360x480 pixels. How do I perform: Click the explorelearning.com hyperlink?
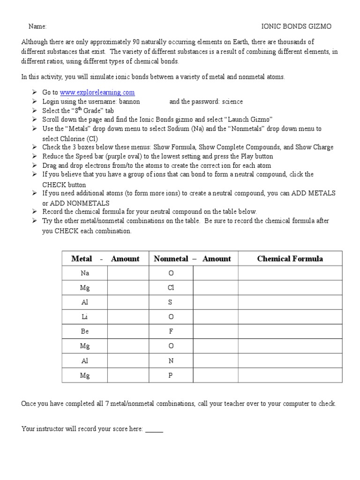[97, 92]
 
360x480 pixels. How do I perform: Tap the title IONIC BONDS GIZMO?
[296, 27]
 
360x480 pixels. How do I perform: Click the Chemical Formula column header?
[290, 259]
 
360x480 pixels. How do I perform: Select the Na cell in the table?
[85, 273]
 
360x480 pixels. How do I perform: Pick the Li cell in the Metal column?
[85, 317]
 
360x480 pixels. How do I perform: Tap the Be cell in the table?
[85, 331]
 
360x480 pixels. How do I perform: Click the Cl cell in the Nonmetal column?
[171, 288]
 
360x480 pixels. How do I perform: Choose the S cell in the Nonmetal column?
[171, 302]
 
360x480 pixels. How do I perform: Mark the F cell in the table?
[171, 331]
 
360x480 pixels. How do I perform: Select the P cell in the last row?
[171, 375]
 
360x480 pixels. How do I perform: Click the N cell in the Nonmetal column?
[171, 360]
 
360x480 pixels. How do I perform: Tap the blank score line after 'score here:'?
[154, 429]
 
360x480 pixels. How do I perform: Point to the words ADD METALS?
[318, 193]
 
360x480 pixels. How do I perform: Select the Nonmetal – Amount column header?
[193, 259]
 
